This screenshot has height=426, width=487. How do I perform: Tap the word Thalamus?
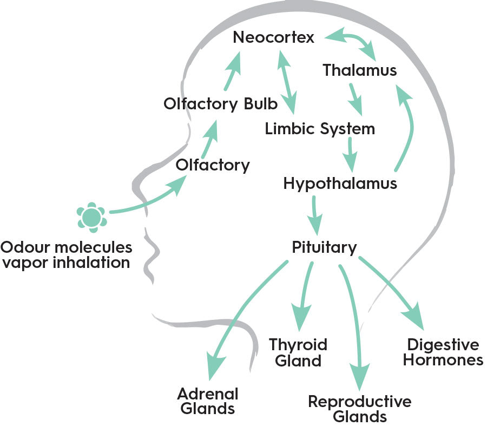tap(359, 70)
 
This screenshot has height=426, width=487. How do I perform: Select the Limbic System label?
tap(320, 129)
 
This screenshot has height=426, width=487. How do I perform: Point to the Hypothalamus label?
tap(340, 183)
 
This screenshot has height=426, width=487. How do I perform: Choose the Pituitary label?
tap(324, 247)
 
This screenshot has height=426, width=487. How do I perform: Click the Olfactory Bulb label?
tap(220, 103)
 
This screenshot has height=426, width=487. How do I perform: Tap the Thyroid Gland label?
tap(298, 352)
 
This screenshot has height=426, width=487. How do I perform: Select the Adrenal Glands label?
tap(208, 401)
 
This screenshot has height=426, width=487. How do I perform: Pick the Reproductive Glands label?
tap(359, 409)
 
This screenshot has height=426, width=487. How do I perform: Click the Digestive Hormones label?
tap(443, 352)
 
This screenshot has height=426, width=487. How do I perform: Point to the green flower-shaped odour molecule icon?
tap(90, 217)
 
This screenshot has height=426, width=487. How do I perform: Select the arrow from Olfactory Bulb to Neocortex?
tap(231, 72)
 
